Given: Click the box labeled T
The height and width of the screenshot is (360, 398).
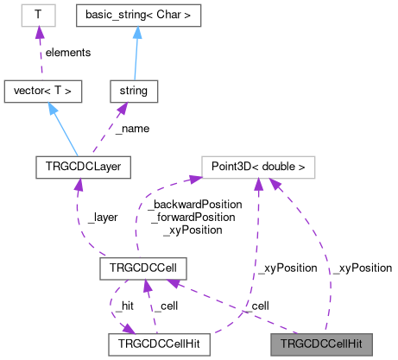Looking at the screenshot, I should [x=36, y=15].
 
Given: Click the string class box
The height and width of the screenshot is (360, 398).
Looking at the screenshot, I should [x=133, y=89].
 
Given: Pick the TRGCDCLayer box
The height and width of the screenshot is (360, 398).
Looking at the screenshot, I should [x=82, y=166].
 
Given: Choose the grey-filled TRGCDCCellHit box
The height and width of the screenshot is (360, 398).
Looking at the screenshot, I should [x=321, y=344].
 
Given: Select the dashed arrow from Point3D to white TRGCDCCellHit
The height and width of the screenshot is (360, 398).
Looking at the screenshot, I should [x=256, y=259].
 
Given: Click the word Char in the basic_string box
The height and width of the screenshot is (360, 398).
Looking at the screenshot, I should [x=164, y=15].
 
